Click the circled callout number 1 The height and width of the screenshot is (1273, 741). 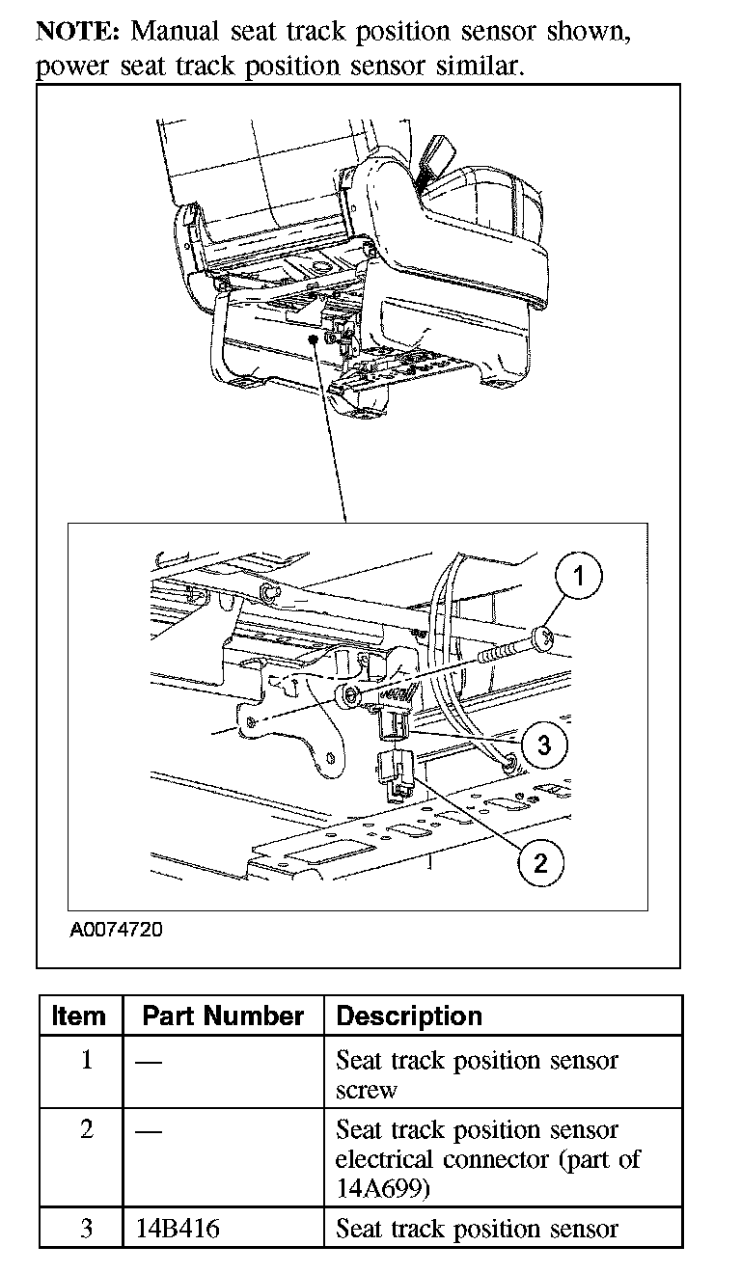[578, 578]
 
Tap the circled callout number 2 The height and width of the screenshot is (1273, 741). [539, 862]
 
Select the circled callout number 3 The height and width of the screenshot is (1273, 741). [544, 744]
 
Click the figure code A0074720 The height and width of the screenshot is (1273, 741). [117, 931]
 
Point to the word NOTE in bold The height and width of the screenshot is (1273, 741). [76, 31]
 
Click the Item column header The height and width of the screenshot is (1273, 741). [79, 1016]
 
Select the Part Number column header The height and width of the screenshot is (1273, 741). [223, 1016]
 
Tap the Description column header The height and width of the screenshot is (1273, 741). [409, 1016]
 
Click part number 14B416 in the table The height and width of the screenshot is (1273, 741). [177, 1230]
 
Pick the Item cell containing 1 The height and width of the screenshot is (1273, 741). [87, 1061]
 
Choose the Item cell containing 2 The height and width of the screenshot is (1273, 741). [87, 1129]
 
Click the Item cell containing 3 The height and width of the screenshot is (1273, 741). [87, 1230]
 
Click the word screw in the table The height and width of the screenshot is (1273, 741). [366, 1091]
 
